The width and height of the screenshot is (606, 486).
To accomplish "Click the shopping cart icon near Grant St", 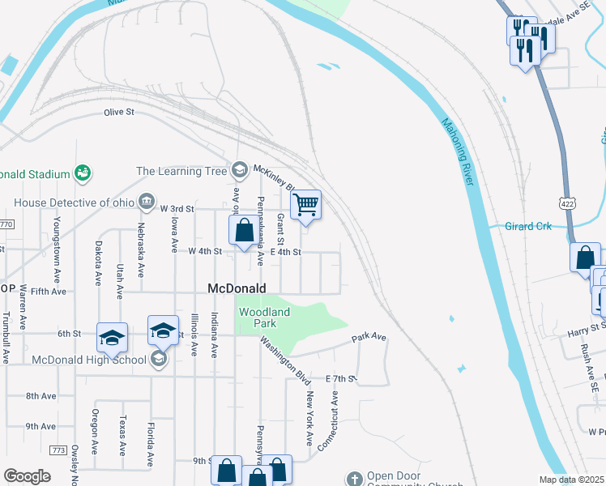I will point(305,204).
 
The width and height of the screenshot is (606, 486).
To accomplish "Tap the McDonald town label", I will point(237,288).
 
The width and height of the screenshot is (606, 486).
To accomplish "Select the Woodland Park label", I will point(262,318).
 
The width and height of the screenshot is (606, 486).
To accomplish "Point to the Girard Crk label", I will point(528,226).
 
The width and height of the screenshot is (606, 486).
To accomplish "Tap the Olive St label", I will point(118,113).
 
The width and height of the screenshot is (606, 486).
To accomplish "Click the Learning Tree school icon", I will point(239,170).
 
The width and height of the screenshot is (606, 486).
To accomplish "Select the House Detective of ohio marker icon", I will point(147,200).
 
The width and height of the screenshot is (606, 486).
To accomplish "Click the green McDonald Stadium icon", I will point(82,173).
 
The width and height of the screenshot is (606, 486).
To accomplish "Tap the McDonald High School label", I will point(89,360).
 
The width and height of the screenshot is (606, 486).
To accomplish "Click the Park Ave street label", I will point(368,337).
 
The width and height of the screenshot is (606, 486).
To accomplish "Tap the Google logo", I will point(27,476).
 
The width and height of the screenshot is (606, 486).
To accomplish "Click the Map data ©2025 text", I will point(572,480).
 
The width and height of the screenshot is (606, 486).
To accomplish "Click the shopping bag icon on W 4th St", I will point(244,230).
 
